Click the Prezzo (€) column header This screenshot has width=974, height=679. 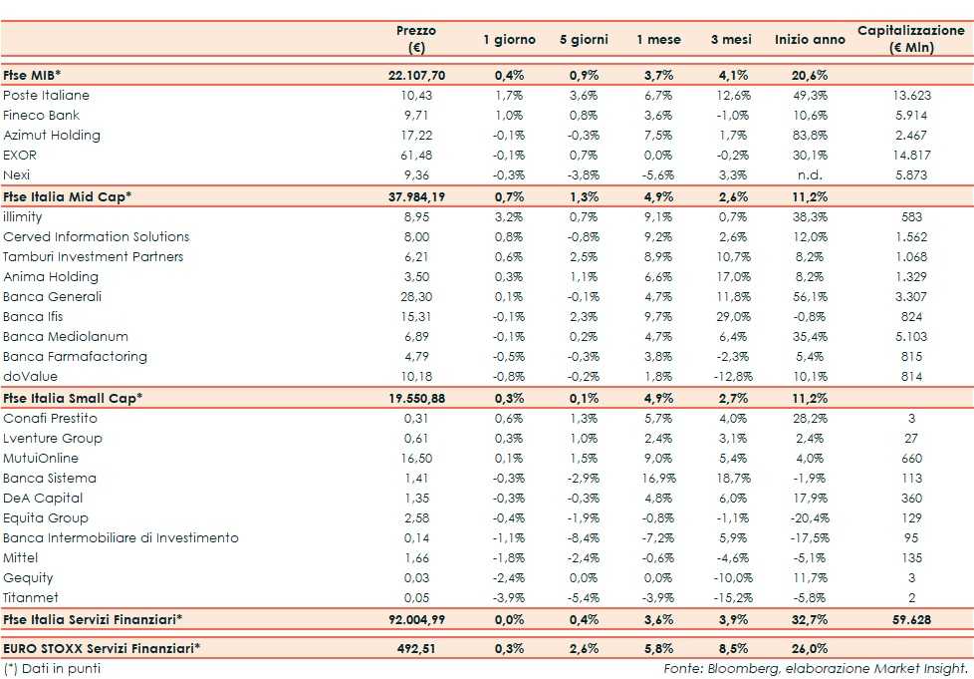[x=416, y=39]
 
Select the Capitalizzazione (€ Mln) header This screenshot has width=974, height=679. [x=911, y=39]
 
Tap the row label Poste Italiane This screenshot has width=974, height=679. [x=47, y=96]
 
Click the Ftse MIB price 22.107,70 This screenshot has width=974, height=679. [x=416, y=75]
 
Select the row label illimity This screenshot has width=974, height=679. [x=23, y=216]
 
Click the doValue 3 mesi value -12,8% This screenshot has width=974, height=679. [x=732, y=377]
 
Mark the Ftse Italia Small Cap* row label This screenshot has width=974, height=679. [x=73, y=398]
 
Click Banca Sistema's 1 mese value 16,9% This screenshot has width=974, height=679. [x=659, y=479]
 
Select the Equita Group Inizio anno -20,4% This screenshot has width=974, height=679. [x=806, y=518]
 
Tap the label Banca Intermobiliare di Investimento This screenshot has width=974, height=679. [x=122, y=538]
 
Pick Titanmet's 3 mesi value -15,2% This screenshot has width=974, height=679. [x=732, y=598]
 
